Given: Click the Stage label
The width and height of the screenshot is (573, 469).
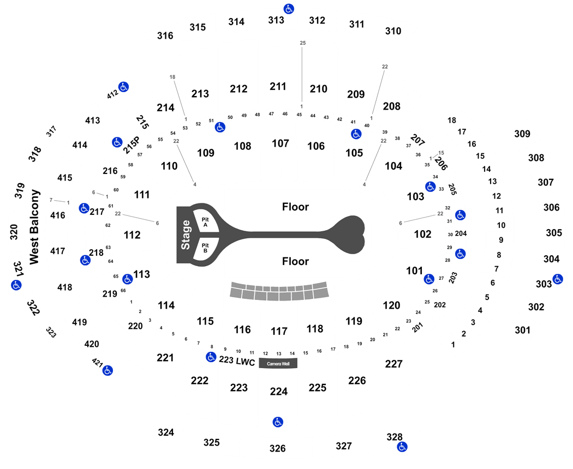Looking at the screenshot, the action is click(x=186, y=235).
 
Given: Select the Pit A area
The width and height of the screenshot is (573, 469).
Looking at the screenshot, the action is click(x=205, y=221).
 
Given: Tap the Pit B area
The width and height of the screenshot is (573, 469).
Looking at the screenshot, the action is click(x=205, y=248).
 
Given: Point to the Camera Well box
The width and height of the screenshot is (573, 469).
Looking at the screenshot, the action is click(x=278, y=363).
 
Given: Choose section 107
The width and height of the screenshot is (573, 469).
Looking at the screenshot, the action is click(x=280, y=143).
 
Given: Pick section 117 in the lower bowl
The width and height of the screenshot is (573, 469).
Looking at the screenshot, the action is click(x=279, y=331).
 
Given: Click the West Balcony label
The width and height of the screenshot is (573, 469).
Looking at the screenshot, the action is click(x=34, y=227).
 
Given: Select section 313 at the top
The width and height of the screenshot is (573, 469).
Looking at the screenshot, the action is click(x=276, y=20).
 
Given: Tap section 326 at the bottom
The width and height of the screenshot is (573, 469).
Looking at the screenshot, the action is click(x=277, y=448).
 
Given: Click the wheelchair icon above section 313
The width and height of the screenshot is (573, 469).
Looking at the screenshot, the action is click(x=289, y=9).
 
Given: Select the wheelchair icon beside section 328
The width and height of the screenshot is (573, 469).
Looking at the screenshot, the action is click(x=402, y=446).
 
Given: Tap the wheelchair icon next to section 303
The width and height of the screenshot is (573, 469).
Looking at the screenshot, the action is click(x=558, y=279).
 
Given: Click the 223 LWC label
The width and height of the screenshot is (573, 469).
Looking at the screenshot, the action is click(x=237, y=361).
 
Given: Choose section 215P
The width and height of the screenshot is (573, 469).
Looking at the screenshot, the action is click(x=131, y=145).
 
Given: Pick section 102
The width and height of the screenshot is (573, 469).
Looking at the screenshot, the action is click(x=422, y=234).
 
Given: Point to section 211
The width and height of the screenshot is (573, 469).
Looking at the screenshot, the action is click(x=278, y=87).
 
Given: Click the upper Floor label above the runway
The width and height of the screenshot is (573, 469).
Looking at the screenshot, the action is click(x=295, y=207).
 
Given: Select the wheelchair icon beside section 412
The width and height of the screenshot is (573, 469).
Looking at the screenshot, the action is click(x=123, y=87).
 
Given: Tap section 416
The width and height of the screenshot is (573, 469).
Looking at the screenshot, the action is click(x=58, y=215).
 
